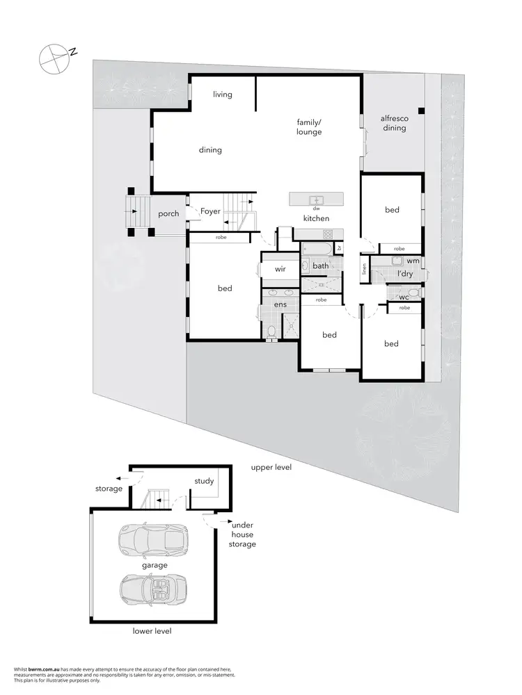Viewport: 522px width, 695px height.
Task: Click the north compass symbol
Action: coord(54,58)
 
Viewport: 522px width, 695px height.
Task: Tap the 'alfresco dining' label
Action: coord(394,124)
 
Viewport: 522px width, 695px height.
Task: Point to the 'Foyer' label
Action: coord(211,212)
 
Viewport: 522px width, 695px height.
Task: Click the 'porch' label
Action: coord(168,214)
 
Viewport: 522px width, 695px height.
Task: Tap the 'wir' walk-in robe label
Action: coord(280,269)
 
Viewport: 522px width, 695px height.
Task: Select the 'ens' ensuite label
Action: coord(280,304)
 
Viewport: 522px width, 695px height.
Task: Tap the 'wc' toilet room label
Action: coord(404,297)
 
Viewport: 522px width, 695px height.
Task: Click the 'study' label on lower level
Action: coord(204,480)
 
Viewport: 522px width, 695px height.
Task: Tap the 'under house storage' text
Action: coord(243,534)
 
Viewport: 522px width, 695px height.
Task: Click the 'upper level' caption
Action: coord(271,468)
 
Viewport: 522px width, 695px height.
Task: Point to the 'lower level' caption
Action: coord(152,632)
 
